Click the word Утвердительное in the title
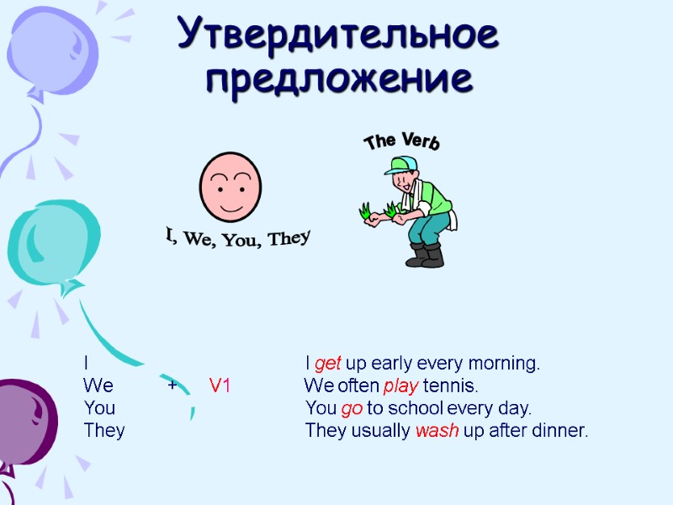click(x=337, y=35)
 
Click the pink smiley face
click(x=230, y=186)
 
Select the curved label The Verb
click(x=401, y=141)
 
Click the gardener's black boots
click(x=426, y=254)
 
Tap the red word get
click(x=327, y=364)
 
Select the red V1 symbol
click(x=220, y=386)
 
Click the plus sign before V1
click(x=172, y=385)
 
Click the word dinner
click(x=560, y=431)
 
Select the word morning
click(x=505, y=364)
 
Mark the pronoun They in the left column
click(x=104, y=431)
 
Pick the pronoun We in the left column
click(x=98, y=386)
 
